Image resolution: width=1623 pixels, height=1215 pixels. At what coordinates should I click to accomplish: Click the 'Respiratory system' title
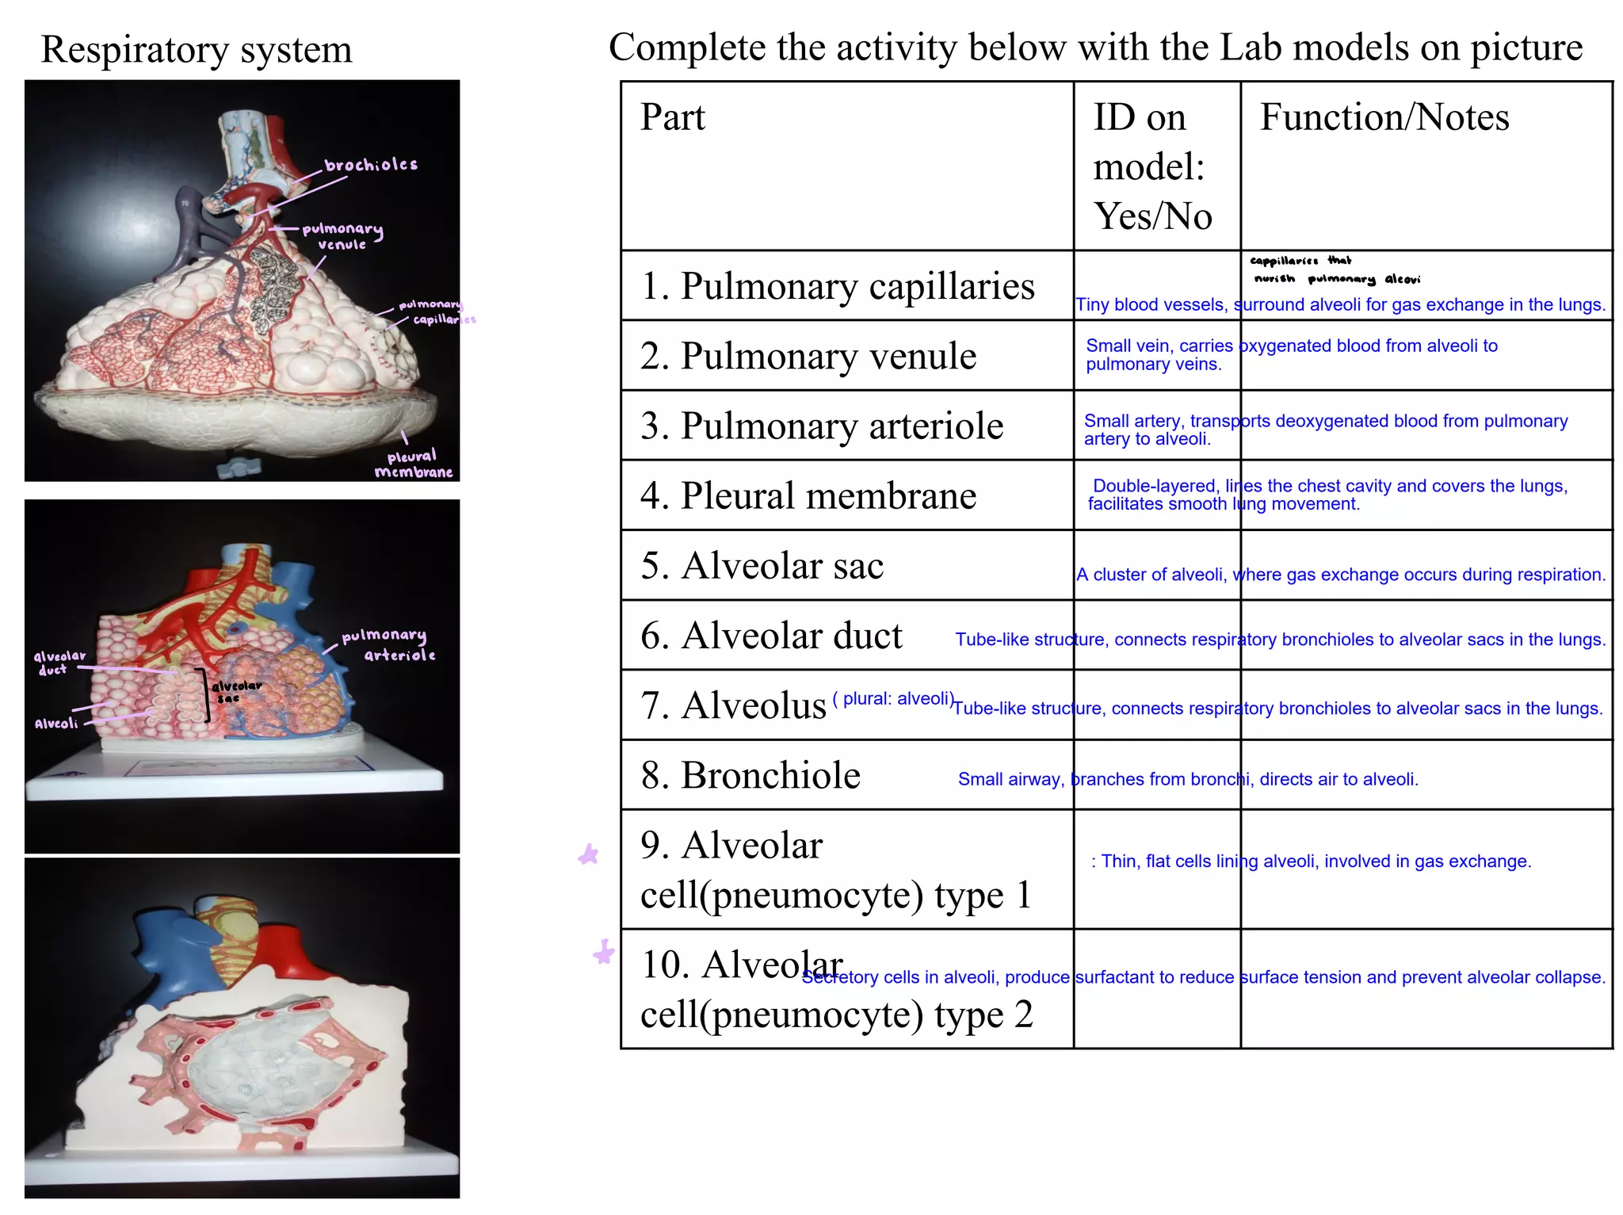coord(196,49)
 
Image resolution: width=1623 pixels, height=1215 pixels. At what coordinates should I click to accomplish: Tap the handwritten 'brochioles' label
coord(371,165)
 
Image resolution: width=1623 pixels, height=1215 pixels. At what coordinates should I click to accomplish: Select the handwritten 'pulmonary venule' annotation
coord(342,236)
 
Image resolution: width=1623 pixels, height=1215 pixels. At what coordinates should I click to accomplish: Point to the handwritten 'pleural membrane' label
coord(413,464)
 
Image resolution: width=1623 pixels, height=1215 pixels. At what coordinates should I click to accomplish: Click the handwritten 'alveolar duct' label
coord(59,663)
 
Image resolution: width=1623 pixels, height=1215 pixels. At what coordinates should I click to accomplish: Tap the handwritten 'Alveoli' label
coord(56,723)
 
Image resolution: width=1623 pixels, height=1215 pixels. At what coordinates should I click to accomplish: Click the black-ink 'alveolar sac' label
coord(235,691)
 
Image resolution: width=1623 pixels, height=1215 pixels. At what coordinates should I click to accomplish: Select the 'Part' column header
coord(672,117)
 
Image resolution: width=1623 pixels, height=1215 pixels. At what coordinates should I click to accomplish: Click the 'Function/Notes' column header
coord(1384,117)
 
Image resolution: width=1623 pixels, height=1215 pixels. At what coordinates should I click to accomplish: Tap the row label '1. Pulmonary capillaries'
coord(837,286)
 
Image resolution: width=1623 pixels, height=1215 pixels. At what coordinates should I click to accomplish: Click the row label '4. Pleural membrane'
coord(808,495)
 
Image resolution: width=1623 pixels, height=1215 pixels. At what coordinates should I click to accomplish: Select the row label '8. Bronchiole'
coord(750,775)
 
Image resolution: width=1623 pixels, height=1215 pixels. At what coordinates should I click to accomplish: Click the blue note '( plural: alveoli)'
coord(892,698)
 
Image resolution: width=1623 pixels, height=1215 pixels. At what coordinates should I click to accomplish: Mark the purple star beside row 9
coord(588,854)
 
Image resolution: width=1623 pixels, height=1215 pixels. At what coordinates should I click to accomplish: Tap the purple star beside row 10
coord(604,951)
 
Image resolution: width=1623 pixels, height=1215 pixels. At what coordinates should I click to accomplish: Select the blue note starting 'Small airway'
coord(1187,779)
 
